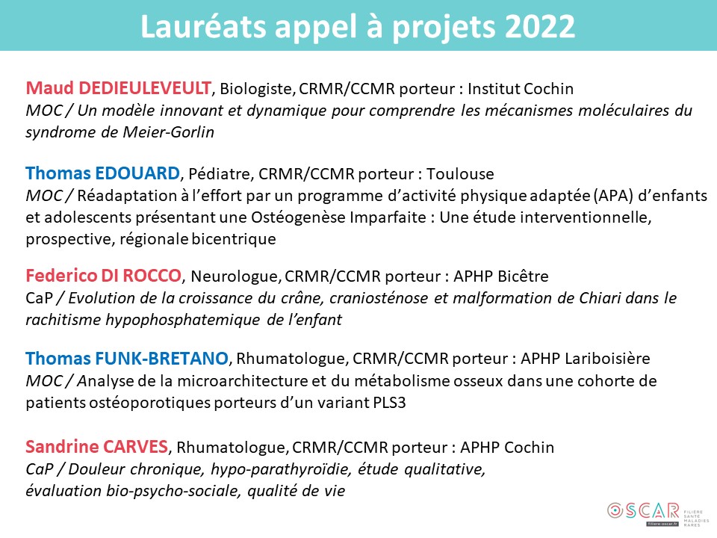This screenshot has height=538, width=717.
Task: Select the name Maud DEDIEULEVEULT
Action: (x=119, y=88)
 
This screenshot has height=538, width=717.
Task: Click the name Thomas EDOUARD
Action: (x=102, y=173)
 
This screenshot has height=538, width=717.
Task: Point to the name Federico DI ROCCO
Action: (x=103, y=276)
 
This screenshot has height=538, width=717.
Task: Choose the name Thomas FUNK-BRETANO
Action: (x=127, y=358)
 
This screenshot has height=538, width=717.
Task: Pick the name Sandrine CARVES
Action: (x=97, y=447)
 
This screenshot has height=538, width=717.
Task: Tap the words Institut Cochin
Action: (x=521, y=88)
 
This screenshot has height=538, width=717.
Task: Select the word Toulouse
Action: (x=460, y=174)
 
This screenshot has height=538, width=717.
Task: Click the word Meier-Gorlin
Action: (x=168, y=132)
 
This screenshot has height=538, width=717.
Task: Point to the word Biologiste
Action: (x=257, y=89)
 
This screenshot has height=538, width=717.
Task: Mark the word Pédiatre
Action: (x=220, y=174)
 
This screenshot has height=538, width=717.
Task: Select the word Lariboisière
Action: (x=607, y=358)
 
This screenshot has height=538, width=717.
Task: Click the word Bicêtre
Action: (x=523, y=276)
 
